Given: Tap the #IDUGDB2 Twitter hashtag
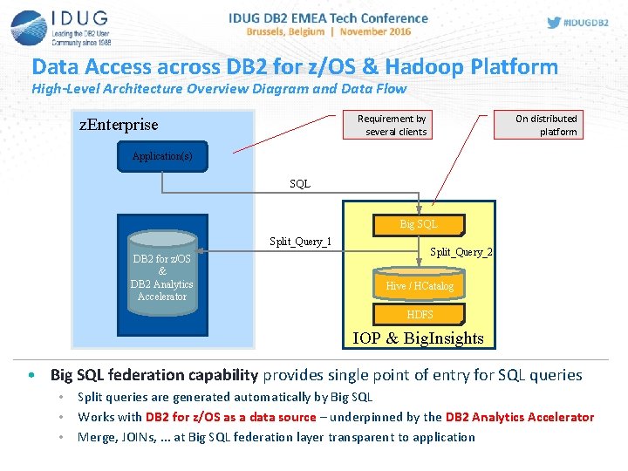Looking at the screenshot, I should click(587, 23).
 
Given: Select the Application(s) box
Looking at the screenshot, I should click(162, 156).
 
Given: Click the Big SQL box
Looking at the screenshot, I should click(419, 224).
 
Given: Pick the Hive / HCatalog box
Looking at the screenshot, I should click(420, 285).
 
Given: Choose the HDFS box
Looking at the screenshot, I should click(420, 314).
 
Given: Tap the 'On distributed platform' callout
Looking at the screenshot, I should click(546, 125).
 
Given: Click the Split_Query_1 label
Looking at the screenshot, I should click(300, 242).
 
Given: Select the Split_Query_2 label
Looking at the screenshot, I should click(461, 252).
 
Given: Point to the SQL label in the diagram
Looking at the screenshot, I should click(299, 184).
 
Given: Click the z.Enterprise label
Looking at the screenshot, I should click(119, 125).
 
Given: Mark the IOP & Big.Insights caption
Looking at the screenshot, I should click(418, 338).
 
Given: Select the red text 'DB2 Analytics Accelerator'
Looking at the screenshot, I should click(520, 417).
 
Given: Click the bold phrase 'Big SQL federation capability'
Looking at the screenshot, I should click(154, 375).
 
